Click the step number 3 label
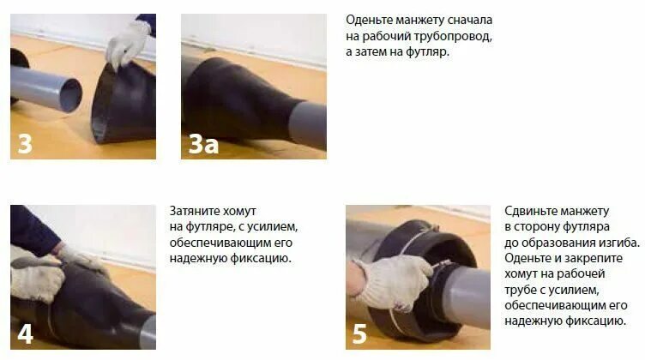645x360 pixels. click(x=25, y=143)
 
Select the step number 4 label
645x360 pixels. click(x=25, y=333)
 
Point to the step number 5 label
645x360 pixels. click(x=360, y=333)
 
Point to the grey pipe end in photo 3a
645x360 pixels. click(x=308, y=125)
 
